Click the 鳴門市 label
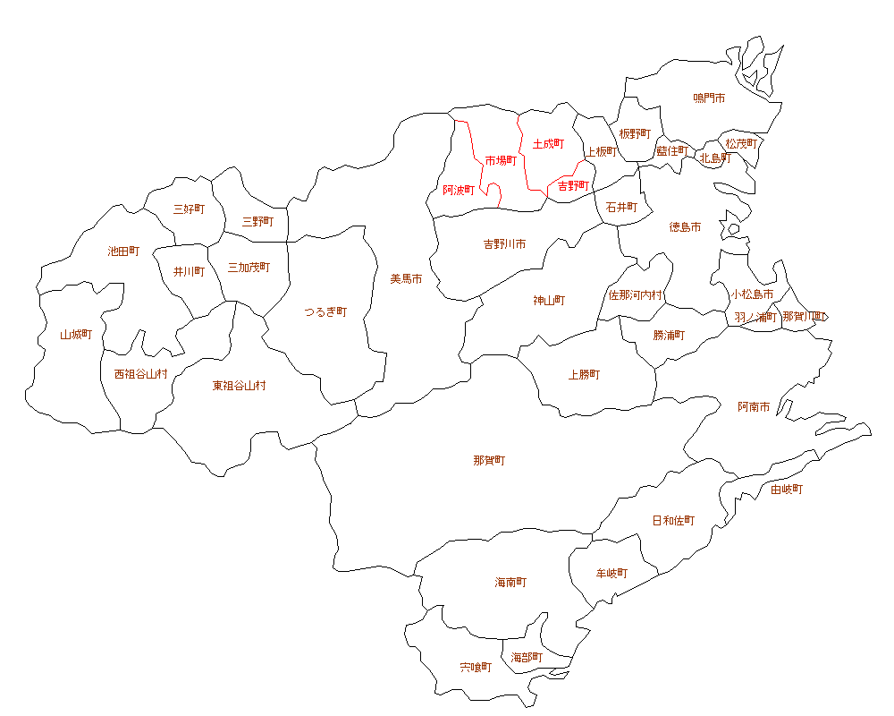click(x=709, y=98)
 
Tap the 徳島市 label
click(x=685, y=227)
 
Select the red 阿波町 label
click(x=460, y=190)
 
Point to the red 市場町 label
click(x=501, y=160)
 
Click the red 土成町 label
click(x=548, y=143)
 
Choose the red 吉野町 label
click(x=573, y=186)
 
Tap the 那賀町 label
click(x=489, y=461)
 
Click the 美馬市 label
click(x=406, y=278)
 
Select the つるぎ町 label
click(x=325, y=311)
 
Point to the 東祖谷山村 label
click(x=239, y=386)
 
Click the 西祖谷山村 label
click(x=140, y=373)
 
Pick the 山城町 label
click(x=76, y=335)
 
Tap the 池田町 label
click(x=123, y=251)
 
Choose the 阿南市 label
click(x=754, y=406)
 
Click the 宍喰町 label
click(x=476, y=667)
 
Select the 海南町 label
click(x=510, y=582)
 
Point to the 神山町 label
click(x=549, y=300)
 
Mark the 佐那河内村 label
click(x=636, y=294)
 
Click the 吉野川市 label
click(x=504, y=243)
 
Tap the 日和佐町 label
click(x=673, y=520)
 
